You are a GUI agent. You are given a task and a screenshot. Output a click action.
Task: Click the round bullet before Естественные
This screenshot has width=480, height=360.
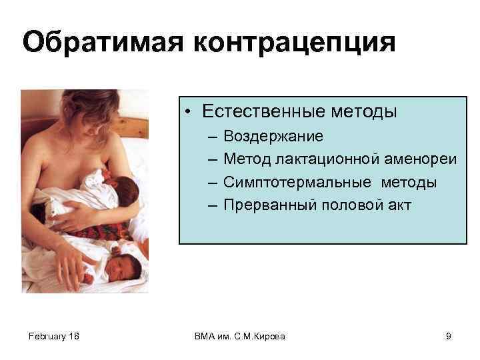[x=190, y=112]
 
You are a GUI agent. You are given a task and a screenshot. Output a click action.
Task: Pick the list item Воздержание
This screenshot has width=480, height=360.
[x=273, y=137]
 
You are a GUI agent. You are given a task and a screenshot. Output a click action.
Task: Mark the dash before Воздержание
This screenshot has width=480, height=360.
[x=211, y=137]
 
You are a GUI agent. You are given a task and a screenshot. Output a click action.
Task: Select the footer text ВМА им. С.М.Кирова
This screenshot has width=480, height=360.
[x=239, y=337]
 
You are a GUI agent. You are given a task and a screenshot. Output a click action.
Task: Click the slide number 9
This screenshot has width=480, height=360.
[x=449, y=337]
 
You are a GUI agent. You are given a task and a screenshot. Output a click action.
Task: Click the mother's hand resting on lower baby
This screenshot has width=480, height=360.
[x=70, y=270]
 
